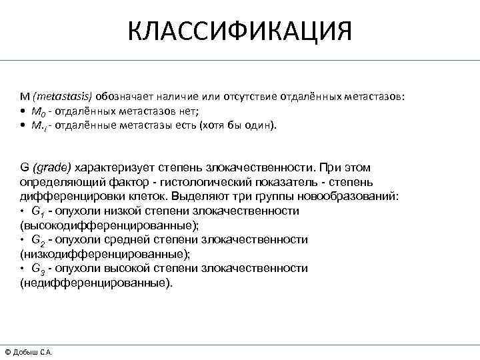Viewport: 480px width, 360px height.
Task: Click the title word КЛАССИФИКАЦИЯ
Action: [x=239, y=31]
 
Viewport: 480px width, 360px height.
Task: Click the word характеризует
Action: [x=110, y=167]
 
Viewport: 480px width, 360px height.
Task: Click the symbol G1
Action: [x=38, y=211]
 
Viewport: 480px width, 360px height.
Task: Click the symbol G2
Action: [x=38, y=240]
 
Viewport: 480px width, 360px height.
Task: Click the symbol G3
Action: [x=38, y=269]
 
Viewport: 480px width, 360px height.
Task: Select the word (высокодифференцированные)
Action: [x=109, y=225]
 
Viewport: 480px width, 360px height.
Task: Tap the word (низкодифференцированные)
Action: [x=105, y=253]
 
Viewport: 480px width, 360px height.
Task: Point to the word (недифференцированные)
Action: [x=96, y=282]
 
